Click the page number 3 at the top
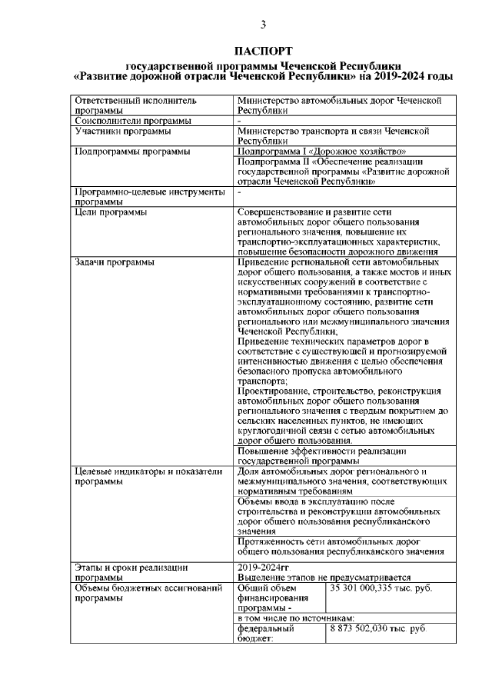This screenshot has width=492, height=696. [262, 25]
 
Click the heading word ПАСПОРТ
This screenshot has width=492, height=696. [262, 52]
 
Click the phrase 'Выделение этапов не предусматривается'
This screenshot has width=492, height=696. [324, 578]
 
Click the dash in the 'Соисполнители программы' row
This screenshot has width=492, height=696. [241, 121]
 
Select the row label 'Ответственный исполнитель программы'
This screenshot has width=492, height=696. [124, 105]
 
